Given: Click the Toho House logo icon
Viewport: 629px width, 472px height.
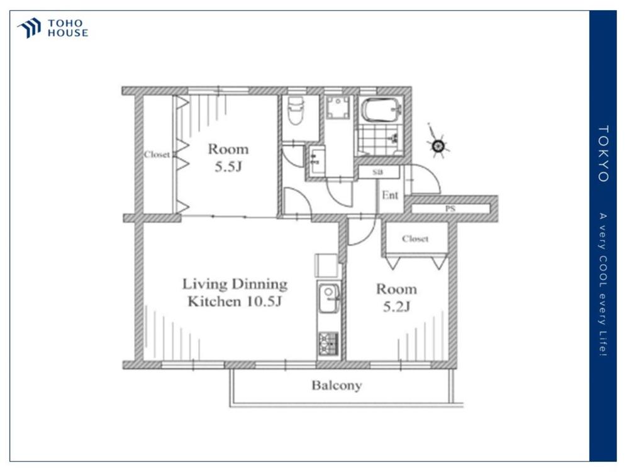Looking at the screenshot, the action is coord(29,28).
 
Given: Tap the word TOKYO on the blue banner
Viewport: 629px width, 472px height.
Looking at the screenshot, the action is coord(603,154).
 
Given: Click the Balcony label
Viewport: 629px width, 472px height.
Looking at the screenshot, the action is coord(337,386).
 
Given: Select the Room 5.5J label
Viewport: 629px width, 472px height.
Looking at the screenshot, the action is coord(228,157).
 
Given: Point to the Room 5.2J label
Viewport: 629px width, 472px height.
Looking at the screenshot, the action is coord(396,298).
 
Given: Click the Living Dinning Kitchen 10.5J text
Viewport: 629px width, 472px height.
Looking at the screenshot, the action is coord(235,293).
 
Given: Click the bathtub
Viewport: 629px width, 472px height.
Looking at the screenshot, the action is coord(381,110).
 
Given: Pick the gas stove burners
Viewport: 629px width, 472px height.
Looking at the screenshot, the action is coord(328,344).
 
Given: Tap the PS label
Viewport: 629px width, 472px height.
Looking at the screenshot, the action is coord(450,209).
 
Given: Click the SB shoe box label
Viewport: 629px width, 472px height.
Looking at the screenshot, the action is coord(377,172).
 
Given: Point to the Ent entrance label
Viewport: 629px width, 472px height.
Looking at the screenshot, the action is coord(390,196).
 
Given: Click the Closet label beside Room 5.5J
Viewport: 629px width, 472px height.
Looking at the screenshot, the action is coord(157,155).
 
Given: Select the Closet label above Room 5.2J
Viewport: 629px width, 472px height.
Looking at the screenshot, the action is coord(415,239).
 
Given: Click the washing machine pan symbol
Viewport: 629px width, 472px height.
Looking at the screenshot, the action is coord(338,108).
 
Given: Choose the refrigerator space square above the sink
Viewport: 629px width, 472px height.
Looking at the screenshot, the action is coord(326,266).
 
